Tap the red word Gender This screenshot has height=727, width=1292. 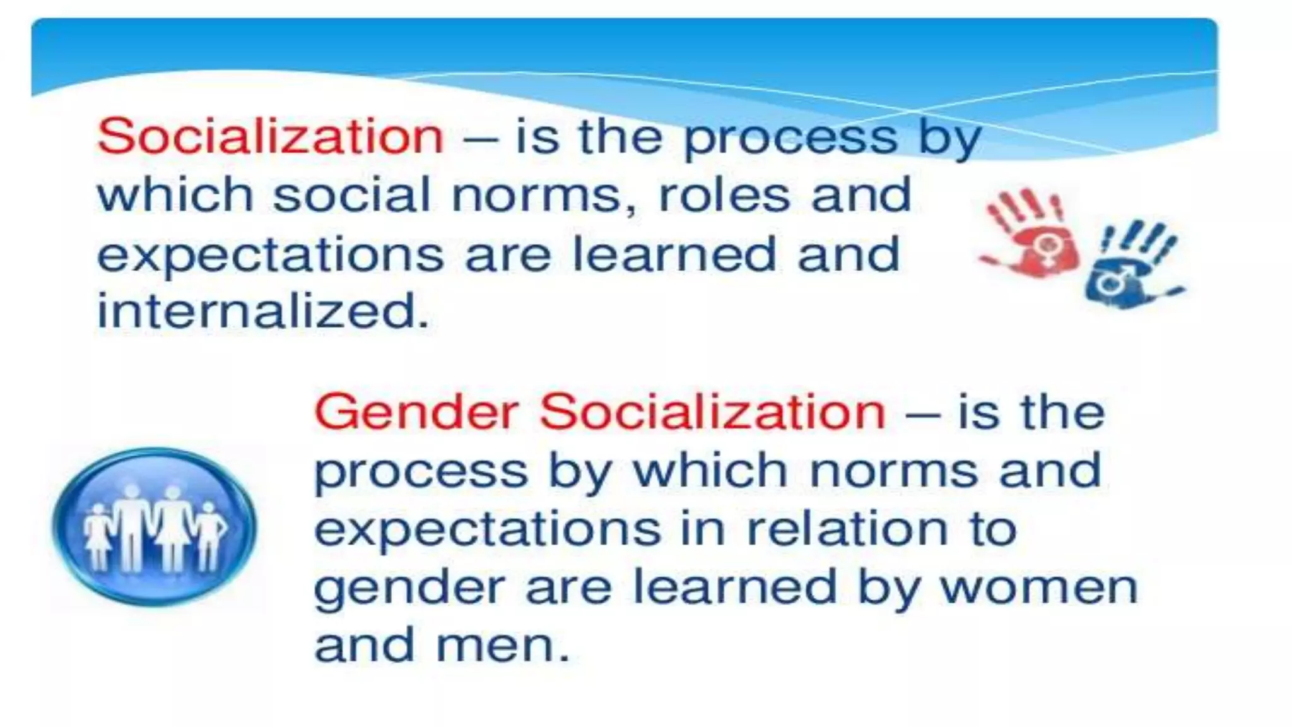[416, 412]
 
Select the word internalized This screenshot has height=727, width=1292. [263, 311]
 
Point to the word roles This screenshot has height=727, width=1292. [724, 195]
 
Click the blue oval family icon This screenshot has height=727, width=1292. [154, 526]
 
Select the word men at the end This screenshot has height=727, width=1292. [502, 646]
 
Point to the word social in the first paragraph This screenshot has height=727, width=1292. [351, 195]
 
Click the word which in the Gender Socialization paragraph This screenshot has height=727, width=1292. [710, 471]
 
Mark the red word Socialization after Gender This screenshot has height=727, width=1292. [713, 412]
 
